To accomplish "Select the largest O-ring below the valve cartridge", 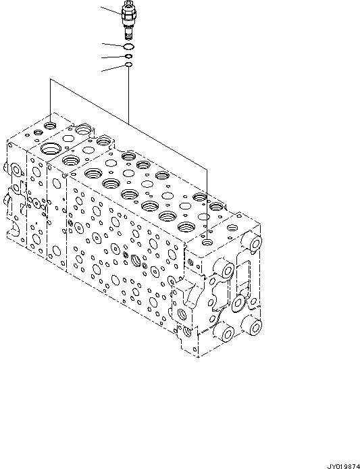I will (128, 47).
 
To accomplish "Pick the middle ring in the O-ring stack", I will (128, 57).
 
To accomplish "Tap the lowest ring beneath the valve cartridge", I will (128, 66).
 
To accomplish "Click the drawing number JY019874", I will (343, 465).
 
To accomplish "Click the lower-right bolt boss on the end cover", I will (253, 329).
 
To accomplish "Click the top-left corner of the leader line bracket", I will (49, 80).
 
